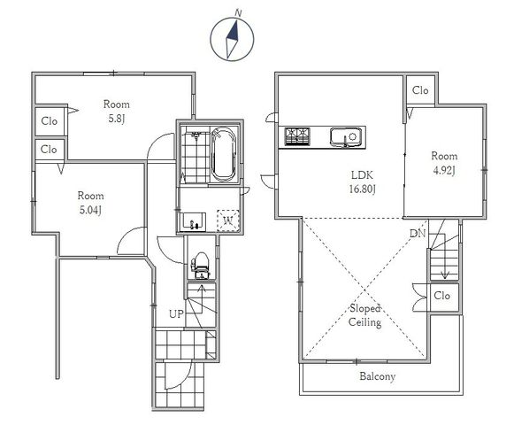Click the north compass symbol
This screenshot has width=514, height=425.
pos(232,39)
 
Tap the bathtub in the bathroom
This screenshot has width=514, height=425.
pos(224,154)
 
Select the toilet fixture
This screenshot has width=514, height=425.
pos(201,265)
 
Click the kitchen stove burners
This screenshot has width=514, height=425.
pos(297,136)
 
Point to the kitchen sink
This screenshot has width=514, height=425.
pos(346,137)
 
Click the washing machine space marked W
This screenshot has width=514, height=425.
pos(228,220)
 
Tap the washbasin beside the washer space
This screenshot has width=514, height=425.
pos(193,222)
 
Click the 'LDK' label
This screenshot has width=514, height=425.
pos(362,175)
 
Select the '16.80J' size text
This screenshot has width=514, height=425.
pos(362,189)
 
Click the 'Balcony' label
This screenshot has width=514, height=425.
pos(377,376)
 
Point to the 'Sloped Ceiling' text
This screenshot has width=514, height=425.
pos(364,315)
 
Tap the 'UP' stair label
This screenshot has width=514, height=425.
pos(176,314)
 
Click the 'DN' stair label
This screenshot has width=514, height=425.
pos(418,234)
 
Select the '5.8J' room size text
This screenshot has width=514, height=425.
pos(117,119)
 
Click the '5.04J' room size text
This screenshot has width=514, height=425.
pos(90,210)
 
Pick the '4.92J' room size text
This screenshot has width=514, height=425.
pos(444,171)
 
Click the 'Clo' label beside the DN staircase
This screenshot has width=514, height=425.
pos(441,296)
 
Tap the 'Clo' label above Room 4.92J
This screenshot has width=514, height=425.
pos(420,90)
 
